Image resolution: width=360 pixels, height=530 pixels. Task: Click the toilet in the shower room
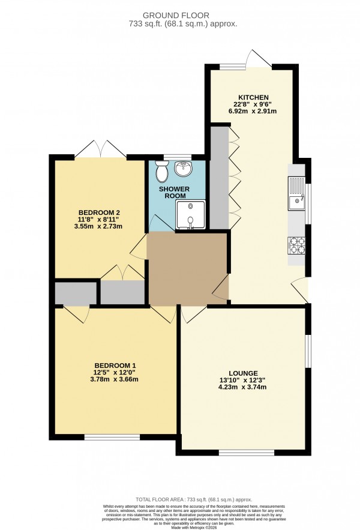(x=161, y=173)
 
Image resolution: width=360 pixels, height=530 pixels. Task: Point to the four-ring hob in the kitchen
(x=297, y=245)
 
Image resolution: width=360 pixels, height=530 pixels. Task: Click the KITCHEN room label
(x=253, y=97)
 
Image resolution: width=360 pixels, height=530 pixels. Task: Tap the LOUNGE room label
(x=242, y=372)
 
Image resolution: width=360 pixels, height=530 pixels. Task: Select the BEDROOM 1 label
(x=115, y=366)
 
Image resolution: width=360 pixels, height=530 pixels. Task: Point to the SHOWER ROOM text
(x=174, y=193)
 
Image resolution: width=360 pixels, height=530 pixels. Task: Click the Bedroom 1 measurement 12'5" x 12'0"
(x=115, y=372)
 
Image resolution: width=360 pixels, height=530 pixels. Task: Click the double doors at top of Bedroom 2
(x=100, y=149)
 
